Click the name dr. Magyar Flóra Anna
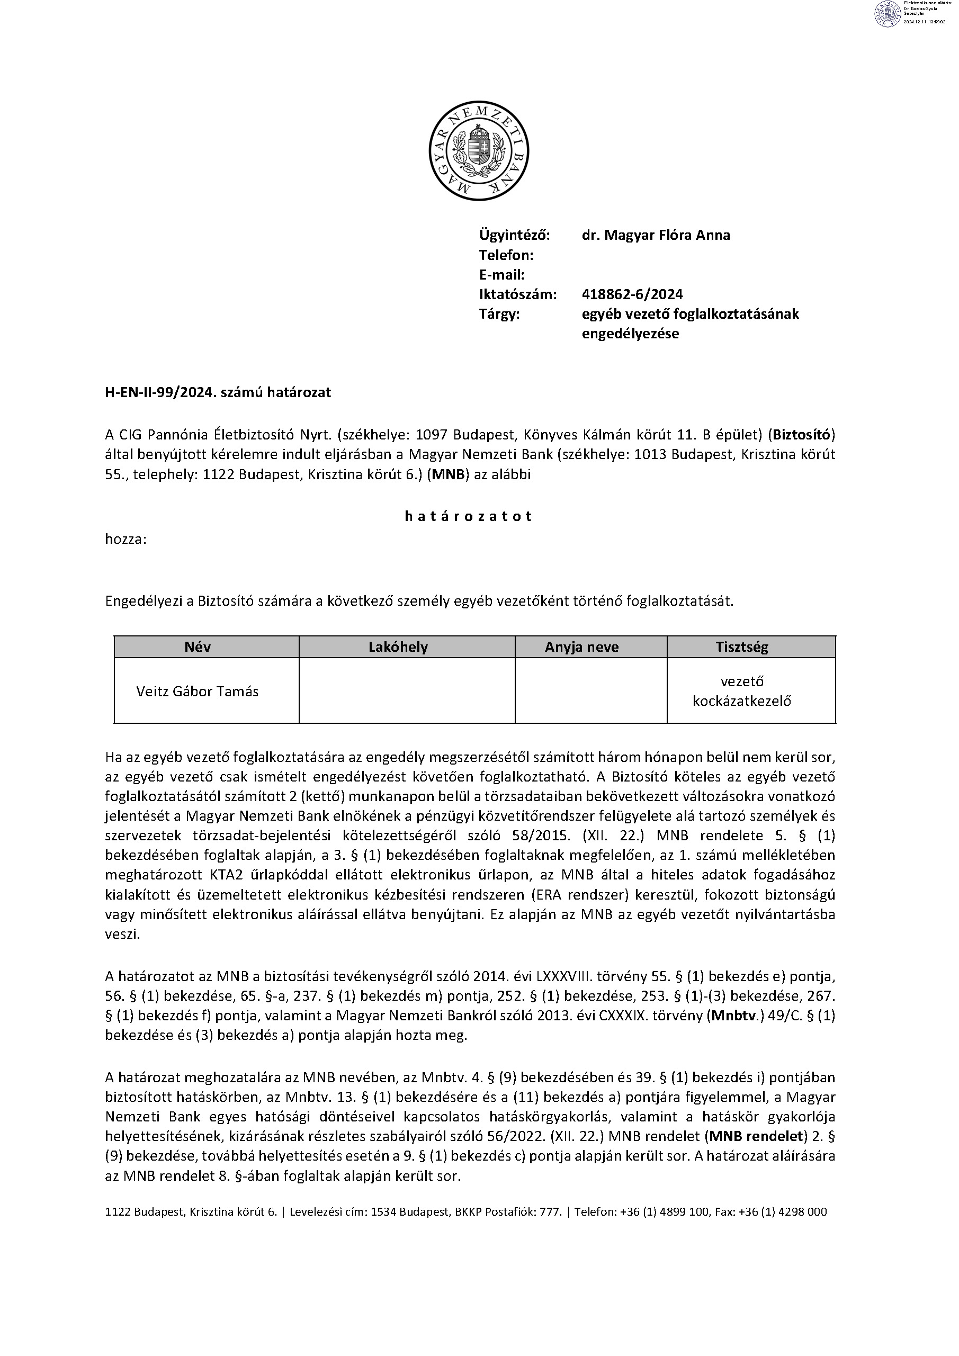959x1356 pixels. pos(656,235)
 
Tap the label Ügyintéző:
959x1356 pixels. pos(514,235)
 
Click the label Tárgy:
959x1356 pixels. pos(499,314)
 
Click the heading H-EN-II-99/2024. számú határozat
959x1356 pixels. pos(218,393)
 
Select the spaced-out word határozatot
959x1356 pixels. pos(468,516)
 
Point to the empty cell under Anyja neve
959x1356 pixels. pos(590,691)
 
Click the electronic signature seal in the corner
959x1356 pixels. pos(886,14)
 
